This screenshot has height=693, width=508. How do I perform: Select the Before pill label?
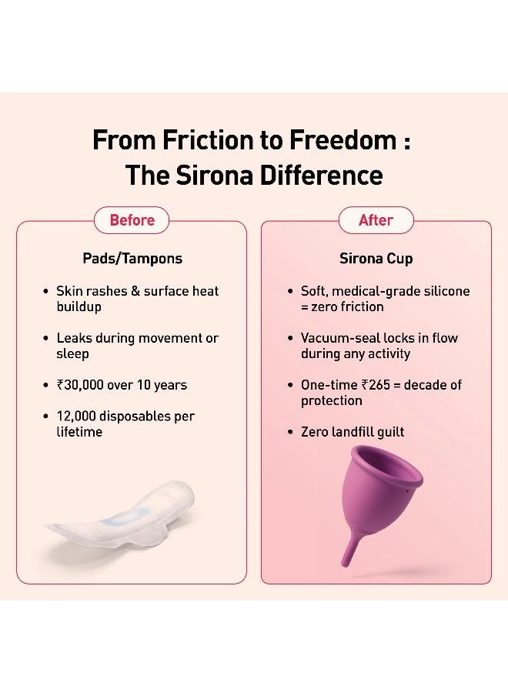[132, 220]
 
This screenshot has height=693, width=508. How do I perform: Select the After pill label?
[376, 220]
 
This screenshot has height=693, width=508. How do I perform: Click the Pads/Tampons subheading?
[132, 259]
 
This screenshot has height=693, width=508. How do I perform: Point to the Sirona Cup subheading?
[376, 259]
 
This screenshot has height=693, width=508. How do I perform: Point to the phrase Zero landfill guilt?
[353, 432]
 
